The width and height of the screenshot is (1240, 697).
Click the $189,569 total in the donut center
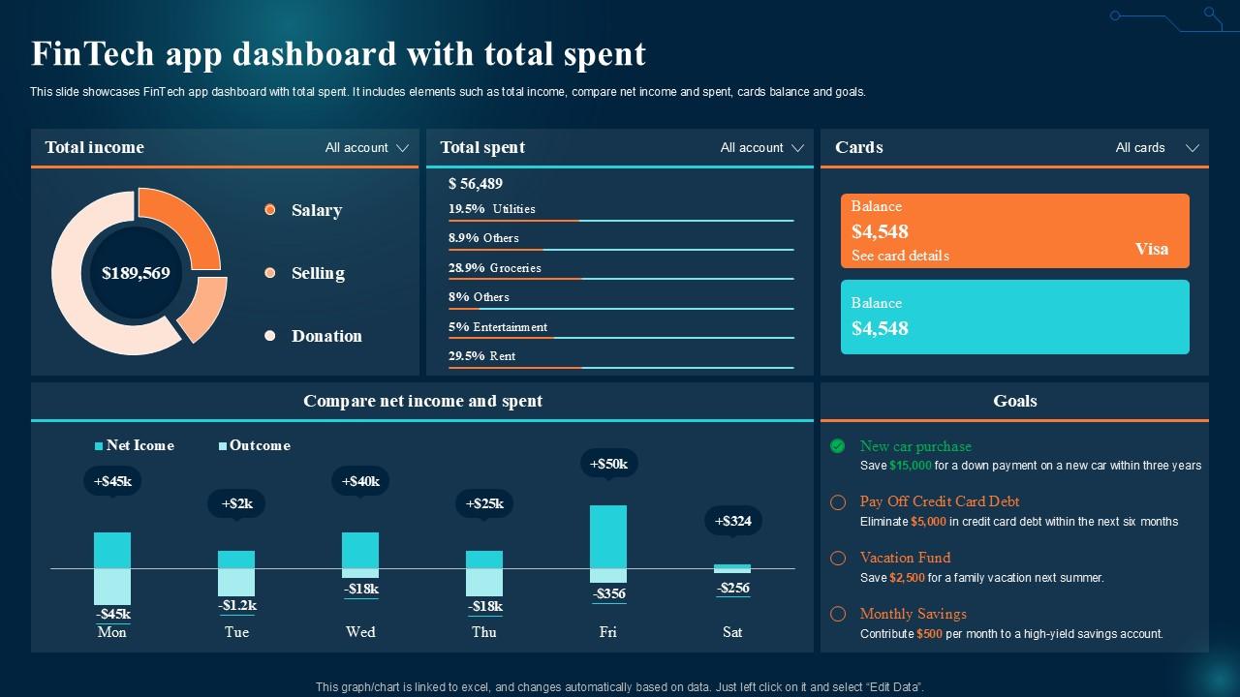(136, 273)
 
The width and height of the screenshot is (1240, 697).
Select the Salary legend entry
(316, 210)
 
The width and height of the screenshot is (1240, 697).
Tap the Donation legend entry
(325, 336)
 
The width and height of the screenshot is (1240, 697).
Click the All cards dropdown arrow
(1193, 148)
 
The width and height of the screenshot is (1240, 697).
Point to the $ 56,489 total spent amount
(476, 184)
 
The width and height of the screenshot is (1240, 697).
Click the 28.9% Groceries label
(494, 268)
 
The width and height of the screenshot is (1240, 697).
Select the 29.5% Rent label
(481, 356)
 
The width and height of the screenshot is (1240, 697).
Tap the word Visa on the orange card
(1152, 249)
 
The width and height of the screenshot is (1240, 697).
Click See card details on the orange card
(900, 257)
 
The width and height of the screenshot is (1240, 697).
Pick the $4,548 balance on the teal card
(880, 328)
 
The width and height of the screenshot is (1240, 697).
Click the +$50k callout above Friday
(608, 464)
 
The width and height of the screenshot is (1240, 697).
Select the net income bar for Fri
(608, 535)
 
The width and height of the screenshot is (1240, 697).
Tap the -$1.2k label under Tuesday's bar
(236, 605)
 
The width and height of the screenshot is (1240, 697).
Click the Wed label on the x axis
(360, 632)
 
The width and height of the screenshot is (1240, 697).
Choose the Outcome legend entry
(259, 445)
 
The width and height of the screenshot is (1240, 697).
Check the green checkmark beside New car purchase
(838, 446)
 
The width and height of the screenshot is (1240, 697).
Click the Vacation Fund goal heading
(905, 558)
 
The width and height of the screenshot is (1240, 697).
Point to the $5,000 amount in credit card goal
(928, 522)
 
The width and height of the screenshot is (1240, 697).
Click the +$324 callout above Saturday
(733, 521)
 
